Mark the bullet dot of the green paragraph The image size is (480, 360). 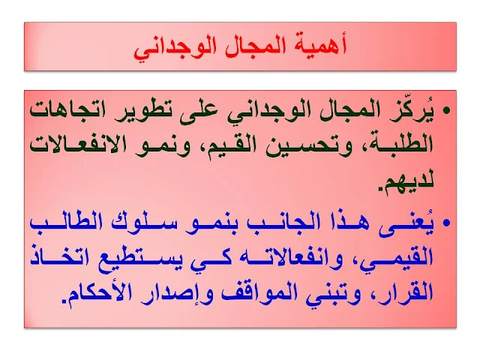[447, 110]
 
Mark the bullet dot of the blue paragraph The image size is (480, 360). [447, 223]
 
